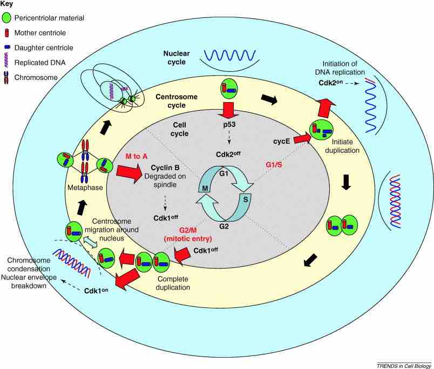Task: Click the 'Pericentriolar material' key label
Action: [50, 18]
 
